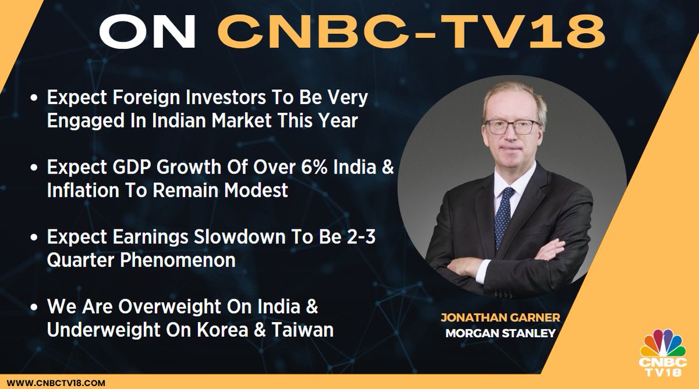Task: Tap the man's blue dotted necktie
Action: coord(504,215)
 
